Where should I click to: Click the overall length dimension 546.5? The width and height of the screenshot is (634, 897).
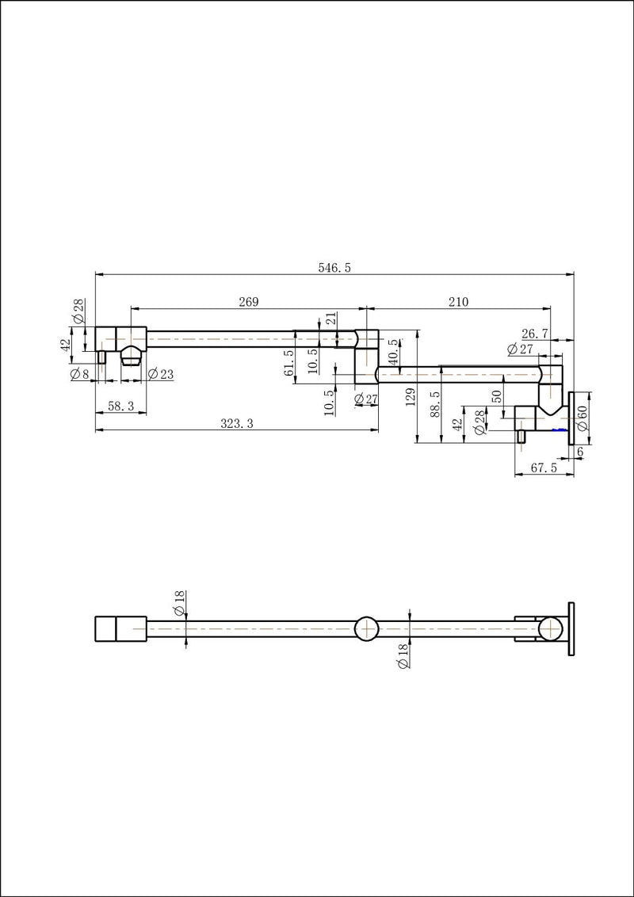pos(334,268)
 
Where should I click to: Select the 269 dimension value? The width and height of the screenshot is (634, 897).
pos(249,301)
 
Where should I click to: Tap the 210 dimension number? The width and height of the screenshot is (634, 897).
pos(458,301)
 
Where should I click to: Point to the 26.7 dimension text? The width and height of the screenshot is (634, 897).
pos(535,333)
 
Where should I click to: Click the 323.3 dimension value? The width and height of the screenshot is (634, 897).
pos(237,423)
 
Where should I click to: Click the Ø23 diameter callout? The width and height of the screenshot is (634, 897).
pos(161,375)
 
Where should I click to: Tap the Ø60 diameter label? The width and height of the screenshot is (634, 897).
pos(582,418)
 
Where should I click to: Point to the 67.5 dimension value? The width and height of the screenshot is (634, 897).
pos(544,468)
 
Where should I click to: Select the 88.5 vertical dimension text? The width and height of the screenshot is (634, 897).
pos(435,403)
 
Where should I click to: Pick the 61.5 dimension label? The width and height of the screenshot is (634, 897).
pos(288,363)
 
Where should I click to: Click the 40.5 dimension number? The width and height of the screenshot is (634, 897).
pos(393,350)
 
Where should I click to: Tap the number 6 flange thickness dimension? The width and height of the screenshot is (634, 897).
pos(580,452)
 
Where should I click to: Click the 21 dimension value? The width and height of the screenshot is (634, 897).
pos(331,320)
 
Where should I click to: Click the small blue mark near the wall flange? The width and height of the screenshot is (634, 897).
pos(561,429)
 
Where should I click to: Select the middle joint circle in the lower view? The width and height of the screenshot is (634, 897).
pos(366,628)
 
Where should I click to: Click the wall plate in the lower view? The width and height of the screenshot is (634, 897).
pos(571,628)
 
